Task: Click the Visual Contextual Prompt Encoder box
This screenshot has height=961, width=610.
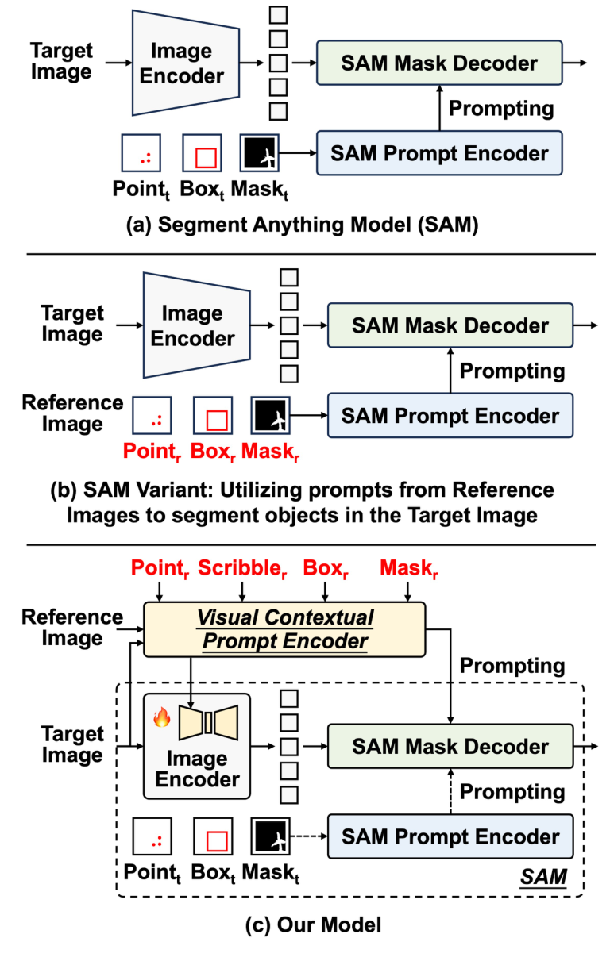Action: (284, 628)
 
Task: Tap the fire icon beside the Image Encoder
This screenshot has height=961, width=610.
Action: (161, 718)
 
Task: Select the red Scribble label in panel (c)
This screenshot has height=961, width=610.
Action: (243, 568)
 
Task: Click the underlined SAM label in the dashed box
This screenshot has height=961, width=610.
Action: (544, 877)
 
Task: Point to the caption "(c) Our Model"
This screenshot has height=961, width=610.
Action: (305, 924)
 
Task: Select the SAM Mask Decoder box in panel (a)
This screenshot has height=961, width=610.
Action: (439, 63)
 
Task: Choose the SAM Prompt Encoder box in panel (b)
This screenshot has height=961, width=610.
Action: (450, 415)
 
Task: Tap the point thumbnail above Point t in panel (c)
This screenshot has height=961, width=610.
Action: (152, 836)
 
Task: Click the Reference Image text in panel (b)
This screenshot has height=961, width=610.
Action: (72, 413)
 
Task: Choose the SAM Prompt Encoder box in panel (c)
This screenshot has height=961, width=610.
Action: (450, 836)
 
